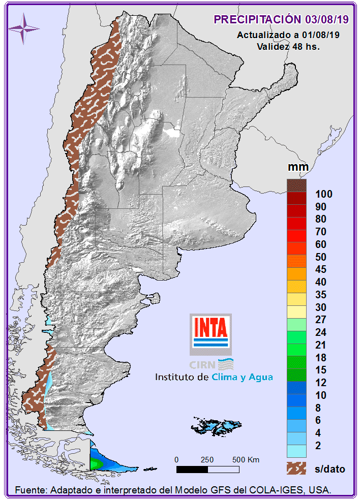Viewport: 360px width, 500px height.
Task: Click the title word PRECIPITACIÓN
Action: pos(257,19)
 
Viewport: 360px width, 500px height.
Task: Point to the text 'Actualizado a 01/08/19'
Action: pos(288,35)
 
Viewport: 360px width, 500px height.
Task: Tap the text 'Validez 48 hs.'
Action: pos(288,46)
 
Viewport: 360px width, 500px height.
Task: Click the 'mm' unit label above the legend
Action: pos(295,167)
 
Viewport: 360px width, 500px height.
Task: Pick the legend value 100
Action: pos(323,194)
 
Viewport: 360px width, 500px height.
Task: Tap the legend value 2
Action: pos(318,446)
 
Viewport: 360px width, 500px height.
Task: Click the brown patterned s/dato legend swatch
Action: pos(296,468)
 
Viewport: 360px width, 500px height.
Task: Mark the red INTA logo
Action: pos(211,328)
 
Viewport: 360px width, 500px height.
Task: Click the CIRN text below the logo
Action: pos(202,364)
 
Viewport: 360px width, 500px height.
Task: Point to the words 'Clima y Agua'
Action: pos(242,377)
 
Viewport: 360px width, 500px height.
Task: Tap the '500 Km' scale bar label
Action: pos(246,460)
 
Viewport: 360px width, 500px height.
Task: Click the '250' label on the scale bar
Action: pos(207,460)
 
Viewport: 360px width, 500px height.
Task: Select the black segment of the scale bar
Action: pos(191,469)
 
